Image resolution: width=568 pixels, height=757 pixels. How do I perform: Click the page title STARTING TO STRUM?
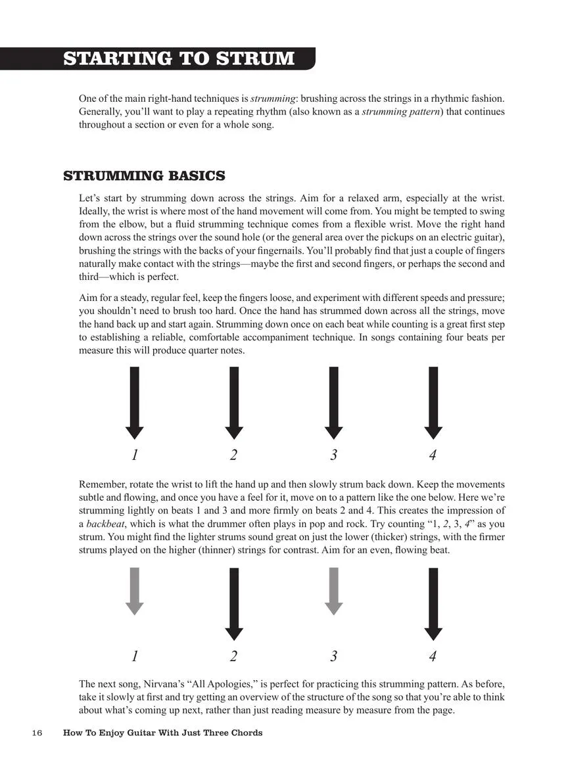(x=179, y=58)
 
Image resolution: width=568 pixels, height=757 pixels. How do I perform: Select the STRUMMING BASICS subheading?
(x=144, y=176)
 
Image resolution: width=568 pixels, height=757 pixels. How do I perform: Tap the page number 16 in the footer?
(x=36, y=733)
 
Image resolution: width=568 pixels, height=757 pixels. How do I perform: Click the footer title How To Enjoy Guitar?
(x=162, y=733)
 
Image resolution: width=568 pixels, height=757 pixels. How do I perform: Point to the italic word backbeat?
(x=107, y=523)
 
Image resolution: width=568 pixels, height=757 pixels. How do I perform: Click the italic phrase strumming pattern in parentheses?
(x=400, y=111)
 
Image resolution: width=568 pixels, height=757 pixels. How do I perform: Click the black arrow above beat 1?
(x=134, y=402)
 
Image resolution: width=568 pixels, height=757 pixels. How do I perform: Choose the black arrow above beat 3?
(x=333, y=402)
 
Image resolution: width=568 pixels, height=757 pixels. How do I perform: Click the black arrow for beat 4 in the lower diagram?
(x=433, y=603)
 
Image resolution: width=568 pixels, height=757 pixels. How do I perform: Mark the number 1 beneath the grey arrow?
(x=134, y=656)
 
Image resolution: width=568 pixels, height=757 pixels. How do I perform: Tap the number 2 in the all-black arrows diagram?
(x=233, y=454)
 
